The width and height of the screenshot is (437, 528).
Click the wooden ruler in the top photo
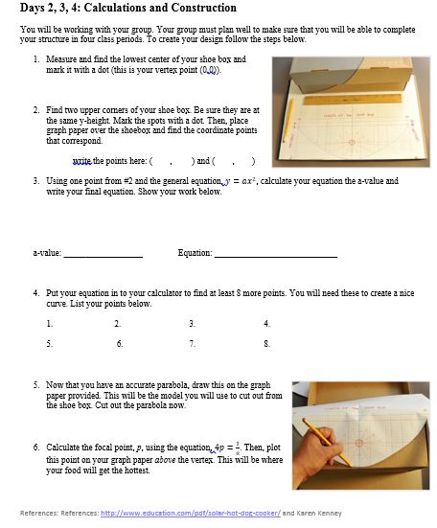[353, 100]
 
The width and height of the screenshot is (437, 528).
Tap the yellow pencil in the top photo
[287, 121]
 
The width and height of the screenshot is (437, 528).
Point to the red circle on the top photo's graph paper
[352, 142]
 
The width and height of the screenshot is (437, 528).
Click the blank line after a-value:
[103, 257]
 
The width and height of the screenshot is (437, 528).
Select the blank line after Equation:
[276, 257]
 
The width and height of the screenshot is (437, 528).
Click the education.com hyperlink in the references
[191, 514]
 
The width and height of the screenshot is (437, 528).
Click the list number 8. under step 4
[266, 344]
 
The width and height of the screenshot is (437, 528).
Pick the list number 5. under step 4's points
[50, 344]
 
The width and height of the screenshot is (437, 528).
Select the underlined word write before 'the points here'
[81, 161]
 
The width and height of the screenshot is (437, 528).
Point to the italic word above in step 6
[165, 460]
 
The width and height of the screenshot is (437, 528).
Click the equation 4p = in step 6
[224, 448]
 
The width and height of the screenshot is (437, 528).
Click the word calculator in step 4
[169, 293]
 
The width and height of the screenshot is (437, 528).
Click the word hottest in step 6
[137, 471]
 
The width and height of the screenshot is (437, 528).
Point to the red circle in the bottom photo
[358, 443]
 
